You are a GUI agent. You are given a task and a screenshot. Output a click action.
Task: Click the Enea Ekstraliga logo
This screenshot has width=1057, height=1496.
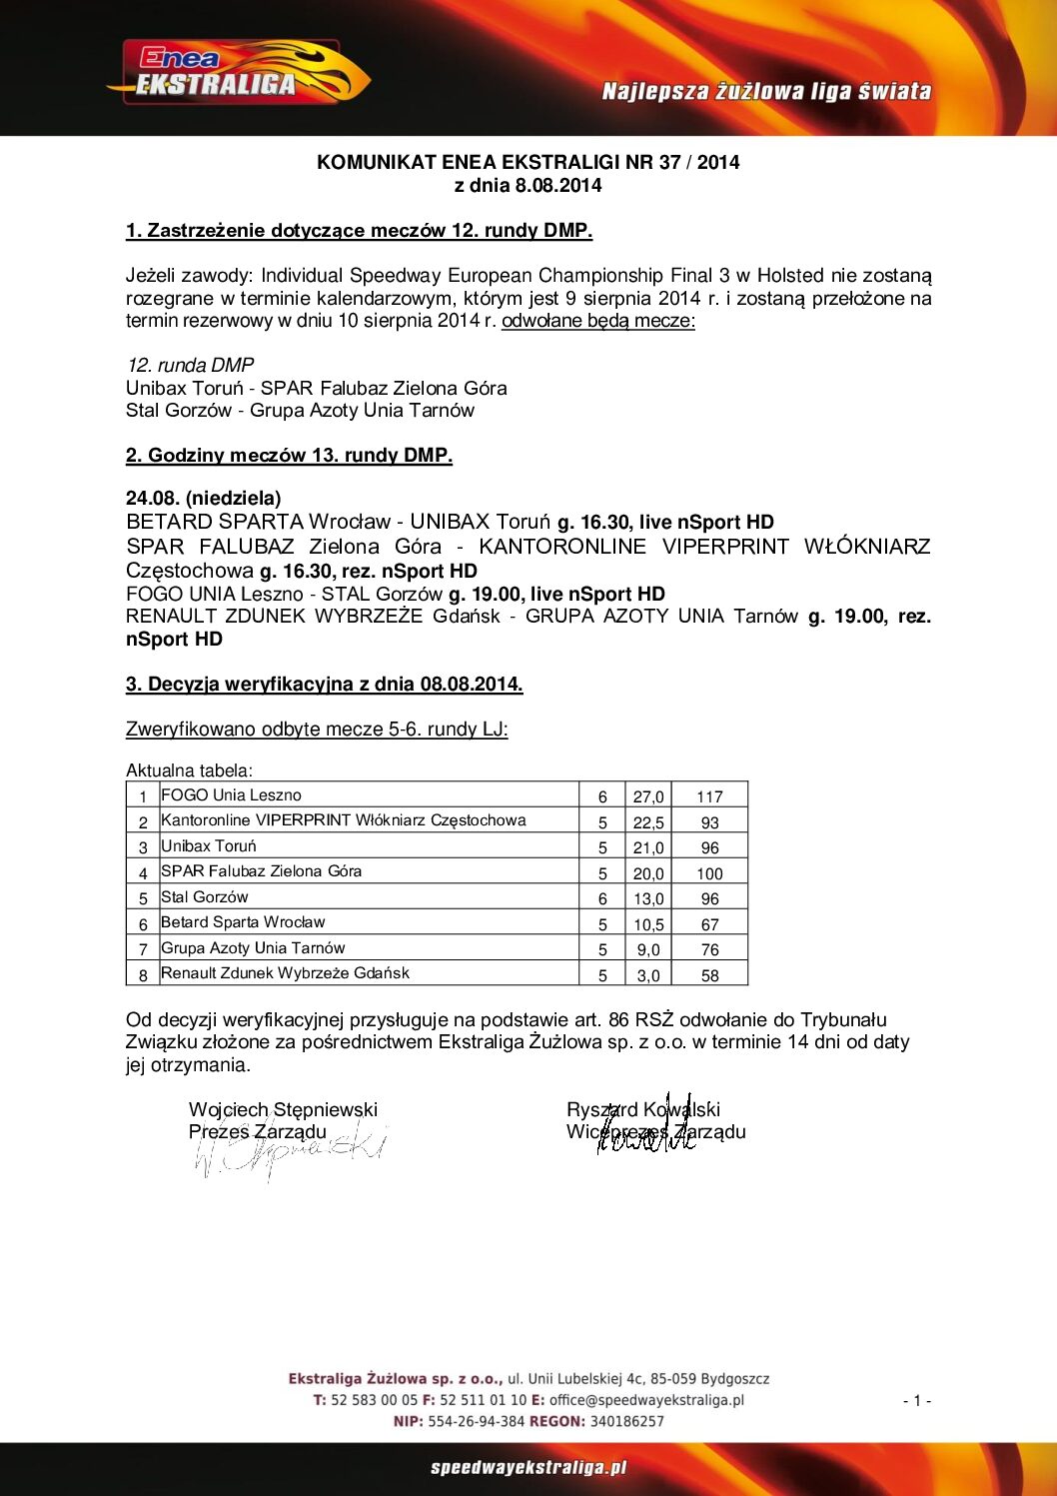click(238, 73)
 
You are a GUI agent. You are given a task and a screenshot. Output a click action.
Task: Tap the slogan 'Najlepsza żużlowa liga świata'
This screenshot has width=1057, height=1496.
click(766, 92)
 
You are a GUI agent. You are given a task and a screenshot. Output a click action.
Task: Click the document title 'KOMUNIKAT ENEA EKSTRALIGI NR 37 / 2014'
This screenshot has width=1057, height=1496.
click(528, 162)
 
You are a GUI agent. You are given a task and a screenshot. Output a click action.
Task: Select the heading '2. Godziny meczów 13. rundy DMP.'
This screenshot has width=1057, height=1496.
click(289, 456)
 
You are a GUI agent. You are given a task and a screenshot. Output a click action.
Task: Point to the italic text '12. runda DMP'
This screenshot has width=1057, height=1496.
click(190, 365)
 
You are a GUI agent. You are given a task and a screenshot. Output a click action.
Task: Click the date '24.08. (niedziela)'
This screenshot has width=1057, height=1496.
click(203, 498)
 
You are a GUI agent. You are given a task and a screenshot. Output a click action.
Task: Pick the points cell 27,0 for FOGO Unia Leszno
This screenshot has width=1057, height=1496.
click(648, 796)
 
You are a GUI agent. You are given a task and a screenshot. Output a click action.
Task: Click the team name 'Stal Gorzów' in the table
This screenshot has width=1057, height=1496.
click(205, 897)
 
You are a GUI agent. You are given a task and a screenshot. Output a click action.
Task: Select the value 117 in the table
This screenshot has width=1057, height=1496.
click(709, 796)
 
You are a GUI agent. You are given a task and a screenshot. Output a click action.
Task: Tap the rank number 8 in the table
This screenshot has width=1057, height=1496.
click(143, 975)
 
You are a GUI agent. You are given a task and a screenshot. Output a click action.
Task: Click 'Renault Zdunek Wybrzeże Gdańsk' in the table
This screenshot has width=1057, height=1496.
click(285, 973)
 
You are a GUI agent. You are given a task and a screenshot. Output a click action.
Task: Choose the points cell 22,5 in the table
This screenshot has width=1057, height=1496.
click(648, 822)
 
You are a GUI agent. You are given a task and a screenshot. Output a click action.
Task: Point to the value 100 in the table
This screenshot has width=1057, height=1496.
click(709, 873)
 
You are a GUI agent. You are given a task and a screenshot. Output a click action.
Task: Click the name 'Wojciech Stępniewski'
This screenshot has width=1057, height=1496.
click(283, 1109)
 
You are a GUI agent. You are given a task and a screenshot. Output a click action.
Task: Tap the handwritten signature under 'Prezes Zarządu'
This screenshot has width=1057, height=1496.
click(290, 1152)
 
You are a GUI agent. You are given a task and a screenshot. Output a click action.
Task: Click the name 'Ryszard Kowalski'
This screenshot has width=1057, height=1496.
click(642, 1109)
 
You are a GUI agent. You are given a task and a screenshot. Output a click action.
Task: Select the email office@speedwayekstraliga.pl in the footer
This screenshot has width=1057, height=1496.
click(646, 1400)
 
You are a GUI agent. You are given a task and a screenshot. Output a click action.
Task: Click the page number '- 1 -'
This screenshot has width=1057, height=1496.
click(916, 1401)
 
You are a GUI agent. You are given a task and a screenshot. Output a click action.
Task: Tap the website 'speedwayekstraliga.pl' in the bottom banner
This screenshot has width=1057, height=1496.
click(528, 1468)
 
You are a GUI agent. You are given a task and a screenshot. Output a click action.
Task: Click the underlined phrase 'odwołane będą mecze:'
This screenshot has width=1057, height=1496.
click(597, 321)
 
